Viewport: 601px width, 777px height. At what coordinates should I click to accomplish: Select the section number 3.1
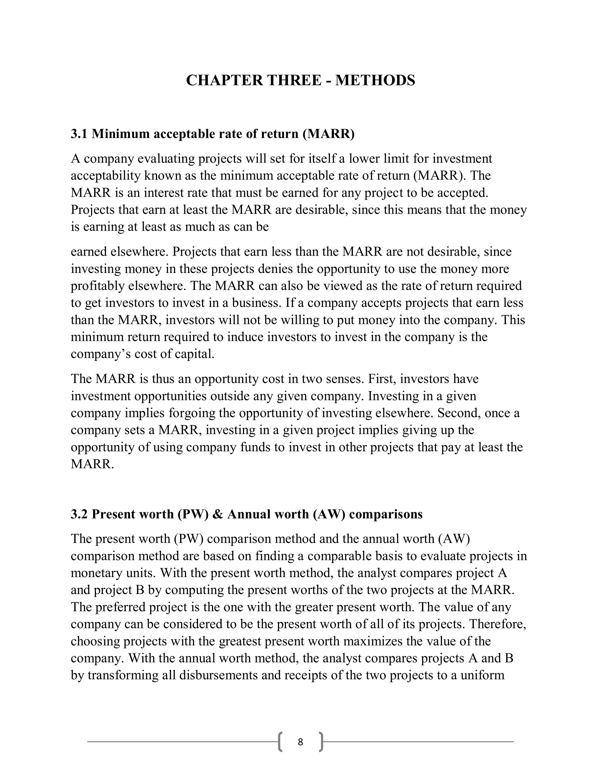point(80,134)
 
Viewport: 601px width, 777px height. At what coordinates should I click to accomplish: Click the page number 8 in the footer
point(300,742)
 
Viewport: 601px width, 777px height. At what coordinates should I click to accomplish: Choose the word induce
point(245,337)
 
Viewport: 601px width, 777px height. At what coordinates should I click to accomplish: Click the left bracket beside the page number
point(280,742)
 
